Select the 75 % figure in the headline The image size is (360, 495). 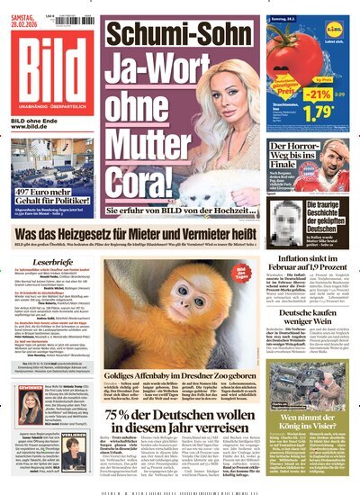[130, 388]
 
